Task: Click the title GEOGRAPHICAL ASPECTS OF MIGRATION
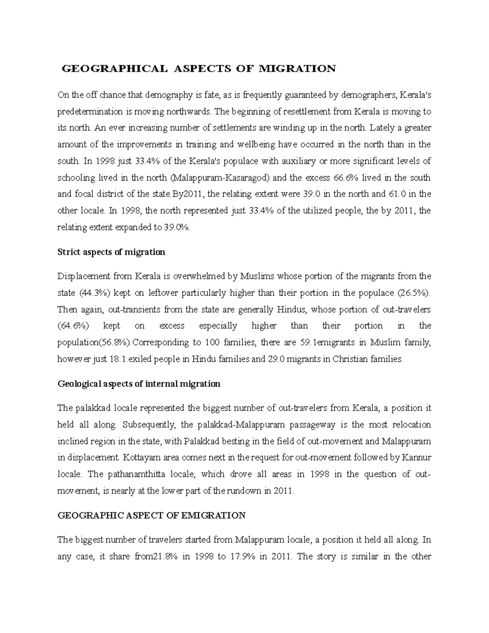pos(198,68)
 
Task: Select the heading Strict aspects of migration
pos(111,252)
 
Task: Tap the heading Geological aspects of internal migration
pos(139,384)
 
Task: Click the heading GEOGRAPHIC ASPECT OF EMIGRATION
pos(152,515)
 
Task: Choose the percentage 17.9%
pos(244,556)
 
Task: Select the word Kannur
pos(416,457)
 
